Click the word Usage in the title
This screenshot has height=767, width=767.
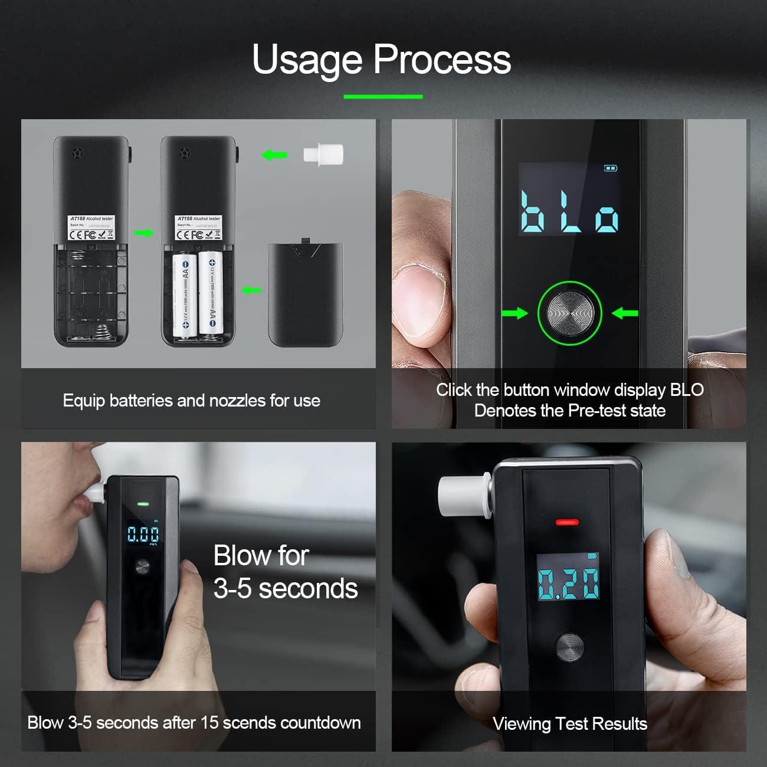[x=307, y=60]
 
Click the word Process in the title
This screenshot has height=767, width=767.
[x=442, y=60]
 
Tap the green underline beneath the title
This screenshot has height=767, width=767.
[x=383, y=96]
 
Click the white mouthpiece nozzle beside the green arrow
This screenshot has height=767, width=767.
[x=323, y=155]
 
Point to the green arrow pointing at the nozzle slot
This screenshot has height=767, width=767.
[x=274, y=155]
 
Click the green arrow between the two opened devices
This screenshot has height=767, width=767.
[x=143, y=233]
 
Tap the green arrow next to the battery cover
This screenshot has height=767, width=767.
[x=251, y=290]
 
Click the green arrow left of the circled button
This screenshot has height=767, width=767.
[x=514, y=313]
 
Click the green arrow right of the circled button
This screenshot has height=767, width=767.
[x=625, y=313]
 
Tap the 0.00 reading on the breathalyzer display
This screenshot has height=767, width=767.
[x=143, y=535]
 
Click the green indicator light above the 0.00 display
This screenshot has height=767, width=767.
[x=143, y=504]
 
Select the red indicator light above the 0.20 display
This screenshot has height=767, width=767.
[x=567, y=522]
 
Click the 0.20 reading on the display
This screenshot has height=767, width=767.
[x=568, y=584]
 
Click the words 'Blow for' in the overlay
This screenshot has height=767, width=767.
[x=261, y=556]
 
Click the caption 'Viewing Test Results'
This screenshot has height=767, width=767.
[x=569, y=724]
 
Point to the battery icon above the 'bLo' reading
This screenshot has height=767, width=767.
[x=611, y=168]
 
